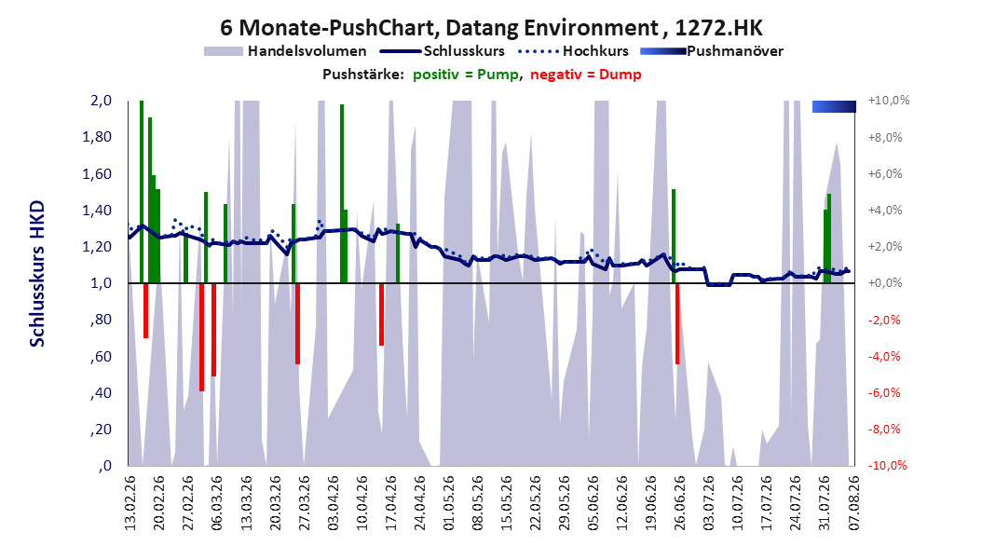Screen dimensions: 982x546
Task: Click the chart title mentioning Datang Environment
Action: coord(491,28)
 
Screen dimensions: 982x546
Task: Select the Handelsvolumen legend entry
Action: coord(285,51)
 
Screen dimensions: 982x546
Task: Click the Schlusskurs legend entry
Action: coord(443,51)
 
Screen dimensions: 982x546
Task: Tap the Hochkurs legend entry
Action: coord(573,51)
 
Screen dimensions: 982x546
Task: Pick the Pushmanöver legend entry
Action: coord(712,51)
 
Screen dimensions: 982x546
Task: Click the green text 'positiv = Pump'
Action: coord(465,75)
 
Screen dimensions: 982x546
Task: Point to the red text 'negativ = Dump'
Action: coord(586,75)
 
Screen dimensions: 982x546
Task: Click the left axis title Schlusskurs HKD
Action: coord(37,274)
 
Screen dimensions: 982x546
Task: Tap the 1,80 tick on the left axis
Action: coord(97,137)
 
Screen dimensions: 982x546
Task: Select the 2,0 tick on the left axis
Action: coord(101,101)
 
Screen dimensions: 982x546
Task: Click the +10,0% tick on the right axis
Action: coord(889,101)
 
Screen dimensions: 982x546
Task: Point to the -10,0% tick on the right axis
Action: coord(887,465)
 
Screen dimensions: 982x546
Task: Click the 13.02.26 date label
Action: coord(130,502)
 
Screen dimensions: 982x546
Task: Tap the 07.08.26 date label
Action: coord(854,502)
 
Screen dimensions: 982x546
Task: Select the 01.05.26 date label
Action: coord(448,502)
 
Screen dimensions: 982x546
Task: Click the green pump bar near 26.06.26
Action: coord(674,236)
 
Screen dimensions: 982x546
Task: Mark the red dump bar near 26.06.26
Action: coord(677,323)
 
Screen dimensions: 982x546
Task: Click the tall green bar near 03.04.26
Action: coord(342,194)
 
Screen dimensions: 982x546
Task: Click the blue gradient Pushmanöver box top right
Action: coord(834,106)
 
